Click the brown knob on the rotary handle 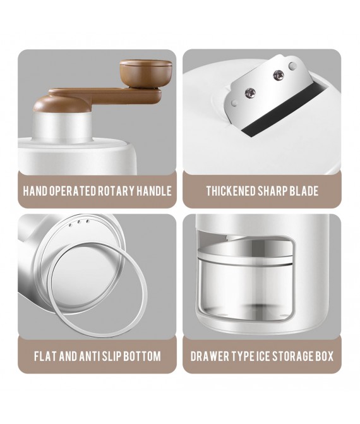tap(146, 73)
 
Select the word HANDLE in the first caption tap(154, 191)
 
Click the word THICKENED tap(231, 191)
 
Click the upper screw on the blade tap(278, 75)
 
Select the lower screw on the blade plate tap(250, 94)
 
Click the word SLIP tap(112, 356)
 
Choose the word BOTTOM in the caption tap(142, 356)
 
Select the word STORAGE tap(292, 356)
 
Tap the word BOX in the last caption tap(325, 356)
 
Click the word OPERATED tap(73, 191)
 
